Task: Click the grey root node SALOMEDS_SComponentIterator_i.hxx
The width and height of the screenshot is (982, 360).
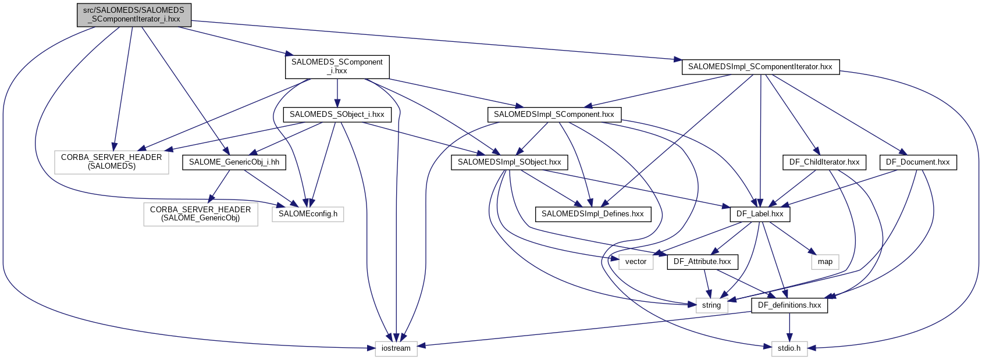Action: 134,15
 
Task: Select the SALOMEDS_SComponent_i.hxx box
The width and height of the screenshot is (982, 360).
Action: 337,66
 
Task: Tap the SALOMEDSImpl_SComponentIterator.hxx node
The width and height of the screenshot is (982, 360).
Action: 760,67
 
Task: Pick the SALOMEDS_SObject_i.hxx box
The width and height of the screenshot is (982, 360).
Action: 337,115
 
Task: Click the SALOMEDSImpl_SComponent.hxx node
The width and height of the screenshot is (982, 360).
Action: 554,115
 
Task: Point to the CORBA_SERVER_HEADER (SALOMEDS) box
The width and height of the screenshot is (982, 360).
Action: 111,162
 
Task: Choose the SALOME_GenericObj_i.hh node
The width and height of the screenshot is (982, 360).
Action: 234,162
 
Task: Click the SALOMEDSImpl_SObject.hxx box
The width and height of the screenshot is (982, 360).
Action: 509,162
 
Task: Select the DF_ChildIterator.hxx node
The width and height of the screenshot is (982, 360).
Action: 824,162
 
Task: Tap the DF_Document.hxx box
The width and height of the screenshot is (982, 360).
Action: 917,162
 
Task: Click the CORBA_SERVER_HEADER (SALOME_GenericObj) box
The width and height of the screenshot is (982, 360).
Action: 200,214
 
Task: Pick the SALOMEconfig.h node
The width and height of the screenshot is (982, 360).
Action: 308,214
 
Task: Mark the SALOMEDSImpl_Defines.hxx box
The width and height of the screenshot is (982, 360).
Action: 592,214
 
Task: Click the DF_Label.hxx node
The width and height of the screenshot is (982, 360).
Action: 760,214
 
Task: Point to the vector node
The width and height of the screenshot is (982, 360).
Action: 636,262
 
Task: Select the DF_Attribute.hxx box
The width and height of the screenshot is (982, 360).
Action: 702,262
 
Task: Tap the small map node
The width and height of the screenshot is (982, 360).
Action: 825,262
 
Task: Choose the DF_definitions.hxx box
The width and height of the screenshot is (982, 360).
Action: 789,305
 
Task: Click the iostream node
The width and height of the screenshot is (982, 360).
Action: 396,348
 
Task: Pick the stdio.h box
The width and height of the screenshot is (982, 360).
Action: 789,348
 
